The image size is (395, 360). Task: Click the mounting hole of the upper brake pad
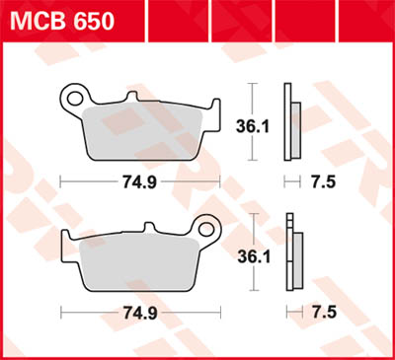click(x=72, y=98)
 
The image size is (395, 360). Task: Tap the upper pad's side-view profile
click(x=288, y=122)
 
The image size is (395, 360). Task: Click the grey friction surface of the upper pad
click(x=148, y=133)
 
